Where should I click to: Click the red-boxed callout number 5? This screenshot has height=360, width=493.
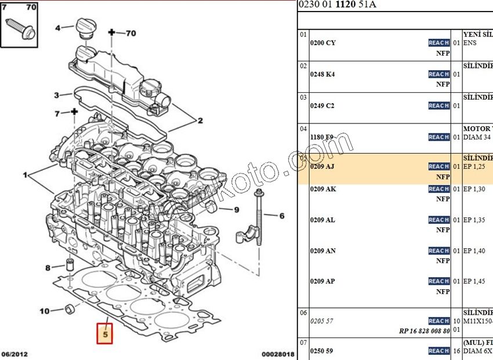pos(105,334)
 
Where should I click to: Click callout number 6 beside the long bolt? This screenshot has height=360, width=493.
pos(282,216)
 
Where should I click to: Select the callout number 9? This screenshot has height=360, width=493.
pos(237,210)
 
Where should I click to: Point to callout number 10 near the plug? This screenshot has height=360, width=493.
pos(45,311)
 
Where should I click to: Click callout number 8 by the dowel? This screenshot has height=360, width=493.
pos(48,268)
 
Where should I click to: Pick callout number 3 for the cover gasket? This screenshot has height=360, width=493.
pos(56,95)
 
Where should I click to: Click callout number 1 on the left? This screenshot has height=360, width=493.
pos(25,174)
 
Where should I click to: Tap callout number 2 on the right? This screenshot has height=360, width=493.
pos(200,121)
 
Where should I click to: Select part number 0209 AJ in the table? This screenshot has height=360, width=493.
pos(322,166)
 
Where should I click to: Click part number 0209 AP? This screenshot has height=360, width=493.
pos(322,281)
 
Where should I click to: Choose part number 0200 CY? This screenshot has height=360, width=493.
pos(322,43)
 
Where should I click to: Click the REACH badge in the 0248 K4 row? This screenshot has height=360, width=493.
pos(439,74)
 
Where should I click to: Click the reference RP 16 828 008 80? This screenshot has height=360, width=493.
pos(425,330)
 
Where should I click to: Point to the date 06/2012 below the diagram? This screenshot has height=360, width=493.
pos(14,354)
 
